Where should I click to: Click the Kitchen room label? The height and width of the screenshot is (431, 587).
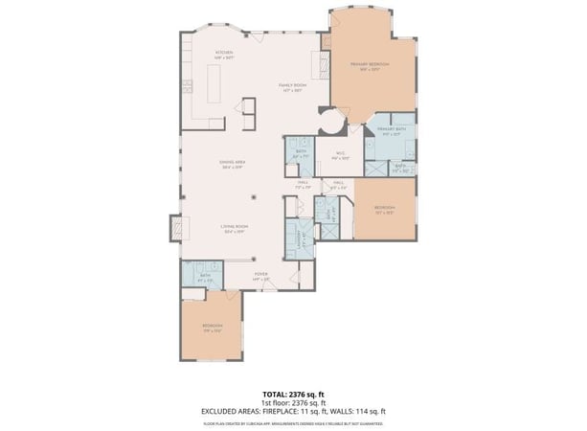tap(224, 54)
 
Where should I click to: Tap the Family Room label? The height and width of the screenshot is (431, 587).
tap(291, 88)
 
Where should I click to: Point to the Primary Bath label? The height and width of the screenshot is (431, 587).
tap(392, 130)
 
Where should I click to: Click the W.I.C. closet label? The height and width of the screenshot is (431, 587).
tap(340, 156)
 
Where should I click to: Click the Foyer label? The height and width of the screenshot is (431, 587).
tap(260, 276)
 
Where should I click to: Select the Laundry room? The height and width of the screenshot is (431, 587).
tap(296, 237)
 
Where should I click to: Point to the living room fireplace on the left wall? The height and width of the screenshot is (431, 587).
tap(177, 228)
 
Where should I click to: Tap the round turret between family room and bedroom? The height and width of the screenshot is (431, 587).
tap(330, 122)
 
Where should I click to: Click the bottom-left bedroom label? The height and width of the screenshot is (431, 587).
tap(212, 328)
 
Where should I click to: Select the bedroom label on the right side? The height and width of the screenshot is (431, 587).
tap(384, 209)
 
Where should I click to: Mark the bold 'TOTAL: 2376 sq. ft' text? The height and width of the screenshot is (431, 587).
tap(293, 394)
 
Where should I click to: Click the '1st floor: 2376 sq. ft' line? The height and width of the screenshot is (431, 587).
tap(293, 402)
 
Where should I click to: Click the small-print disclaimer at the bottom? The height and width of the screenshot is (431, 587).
tap(293, 421)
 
